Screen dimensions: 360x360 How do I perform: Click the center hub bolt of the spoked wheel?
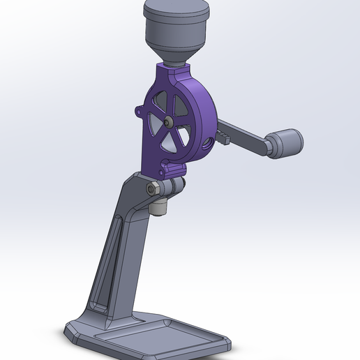point(169,121)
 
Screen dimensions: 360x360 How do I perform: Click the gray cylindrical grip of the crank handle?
point(285,143)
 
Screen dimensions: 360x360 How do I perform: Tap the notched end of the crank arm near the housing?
point(225,139)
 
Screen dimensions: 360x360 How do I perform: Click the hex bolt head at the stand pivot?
point(152,189)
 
